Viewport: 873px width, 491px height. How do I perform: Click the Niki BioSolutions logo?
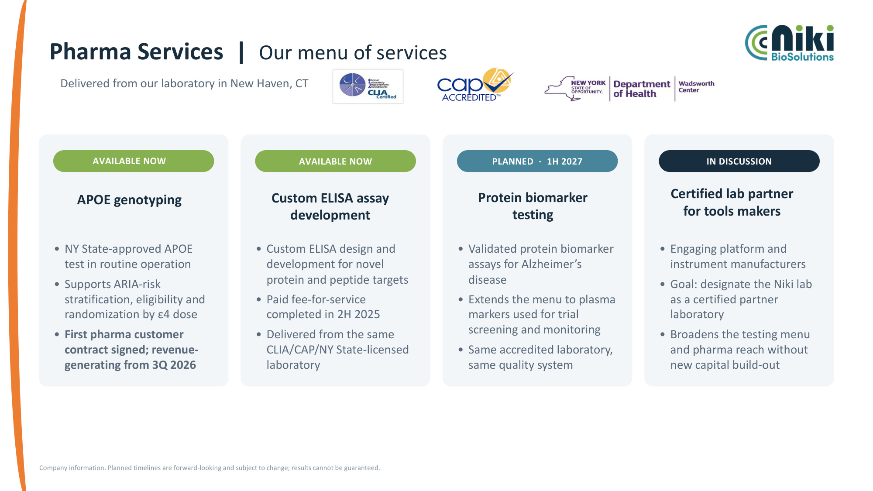coord(789,43)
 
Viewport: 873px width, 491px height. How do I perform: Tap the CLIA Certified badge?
coord(368,86)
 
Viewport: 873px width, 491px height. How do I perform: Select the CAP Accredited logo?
coord(475,85)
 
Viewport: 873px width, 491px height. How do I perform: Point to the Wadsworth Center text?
coord(696,86)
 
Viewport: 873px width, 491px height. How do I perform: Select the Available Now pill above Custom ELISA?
coord(335,161)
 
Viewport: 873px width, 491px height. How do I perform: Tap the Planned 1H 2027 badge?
coord(537,161)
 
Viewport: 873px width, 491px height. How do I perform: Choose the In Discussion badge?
coord(739,161)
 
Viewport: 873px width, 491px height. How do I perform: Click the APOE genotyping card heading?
coord(129,200)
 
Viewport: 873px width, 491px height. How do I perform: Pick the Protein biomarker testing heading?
coord(533,206)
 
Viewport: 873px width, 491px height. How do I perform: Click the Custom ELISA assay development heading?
coord(330,206)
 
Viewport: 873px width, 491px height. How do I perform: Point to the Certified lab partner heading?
coord(732,202)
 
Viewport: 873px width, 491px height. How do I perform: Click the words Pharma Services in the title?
coord(136,52)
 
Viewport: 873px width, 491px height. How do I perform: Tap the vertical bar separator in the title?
coord(241,52)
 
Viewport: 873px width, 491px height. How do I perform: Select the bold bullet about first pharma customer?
coord(131,350)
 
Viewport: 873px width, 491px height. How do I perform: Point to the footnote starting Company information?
coord(210,468)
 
